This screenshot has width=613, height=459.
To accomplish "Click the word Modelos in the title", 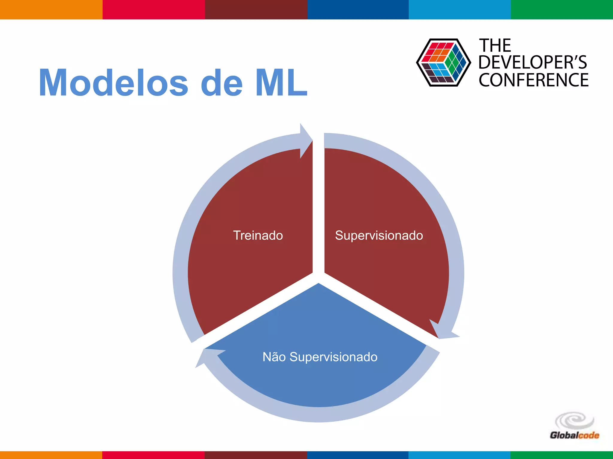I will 114,83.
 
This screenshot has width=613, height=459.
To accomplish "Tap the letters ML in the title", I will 281,83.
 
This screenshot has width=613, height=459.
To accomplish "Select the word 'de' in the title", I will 221,83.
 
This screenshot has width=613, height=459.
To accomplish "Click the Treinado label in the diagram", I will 258,235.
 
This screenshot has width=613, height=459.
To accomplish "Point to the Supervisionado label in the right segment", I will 379,235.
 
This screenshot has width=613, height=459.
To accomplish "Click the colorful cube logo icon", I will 443,62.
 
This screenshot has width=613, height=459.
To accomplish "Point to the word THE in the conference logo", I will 495,46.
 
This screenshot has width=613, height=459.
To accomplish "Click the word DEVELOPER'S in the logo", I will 532,62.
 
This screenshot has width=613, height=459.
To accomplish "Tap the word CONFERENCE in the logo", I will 533,80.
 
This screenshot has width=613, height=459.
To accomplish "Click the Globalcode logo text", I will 574,435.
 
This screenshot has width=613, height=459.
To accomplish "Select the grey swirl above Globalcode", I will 574,421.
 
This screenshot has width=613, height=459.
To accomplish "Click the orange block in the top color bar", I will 51,10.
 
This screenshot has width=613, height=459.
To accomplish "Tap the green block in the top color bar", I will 562,10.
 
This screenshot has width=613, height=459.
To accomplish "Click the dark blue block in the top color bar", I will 358,10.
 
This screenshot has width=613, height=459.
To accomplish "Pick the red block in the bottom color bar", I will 153,455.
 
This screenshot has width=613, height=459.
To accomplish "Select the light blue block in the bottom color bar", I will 459,455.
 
